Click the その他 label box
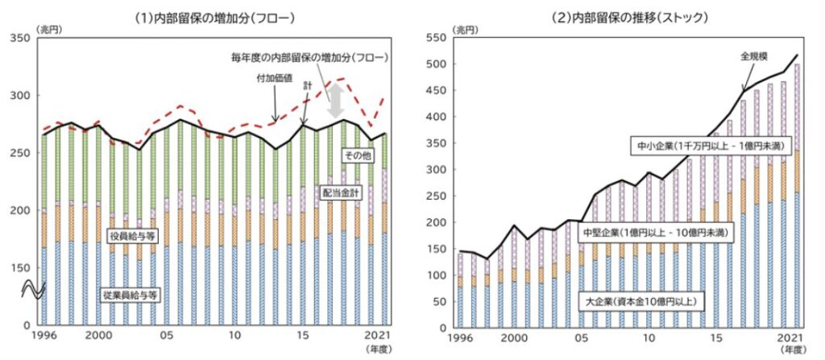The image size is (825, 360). (x=356, y=155)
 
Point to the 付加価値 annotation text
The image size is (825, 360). (x=252, y=78)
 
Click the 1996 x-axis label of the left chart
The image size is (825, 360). (x=46, y=336)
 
